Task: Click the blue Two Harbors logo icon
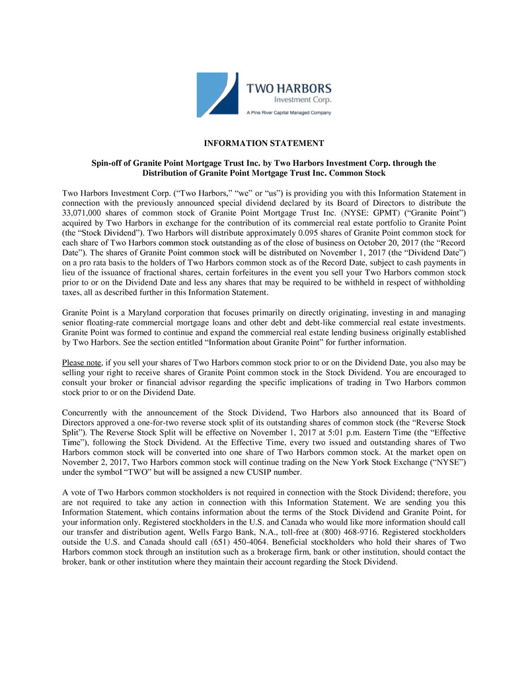218,94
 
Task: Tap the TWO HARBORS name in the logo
289,88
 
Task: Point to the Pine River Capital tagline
288,113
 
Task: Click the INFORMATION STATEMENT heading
264,143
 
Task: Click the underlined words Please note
81,363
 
